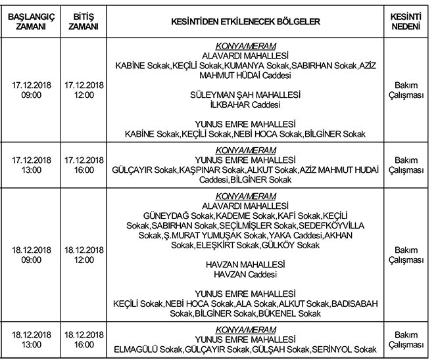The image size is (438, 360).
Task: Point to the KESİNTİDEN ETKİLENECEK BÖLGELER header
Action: click(x=245, y=22)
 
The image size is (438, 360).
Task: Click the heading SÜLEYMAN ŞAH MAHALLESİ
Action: click(x=245, y=95)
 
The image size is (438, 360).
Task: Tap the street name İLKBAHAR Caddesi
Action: click(x=245, y=104)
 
